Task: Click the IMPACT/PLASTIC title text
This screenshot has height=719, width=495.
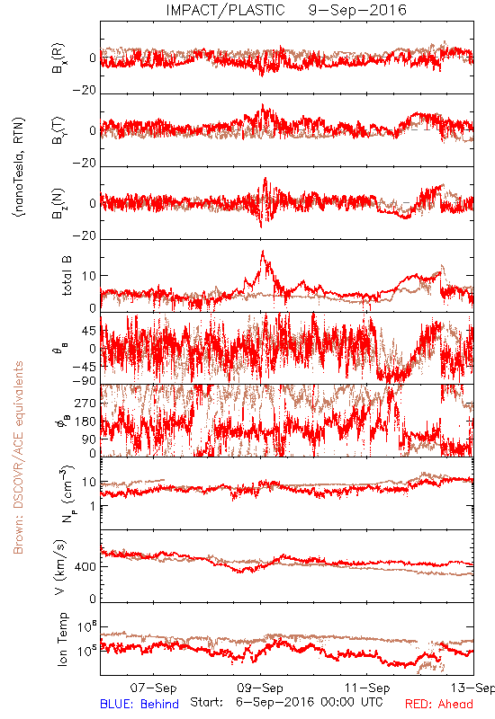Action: [x=226, y=10]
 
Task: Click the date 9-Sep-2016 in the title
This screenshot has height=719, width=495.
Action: [x=357, y=10]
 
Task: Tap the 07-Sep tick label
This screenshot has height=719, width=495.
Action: [x=153, y=688]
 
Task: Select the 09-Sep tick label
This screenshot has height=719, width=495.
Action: [x=260, y=688]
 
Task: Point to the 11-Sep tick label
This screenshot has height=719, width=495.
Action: [x=367, y=688]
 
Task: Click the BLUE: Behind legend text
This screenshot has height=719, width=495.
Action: [x=139, y=704]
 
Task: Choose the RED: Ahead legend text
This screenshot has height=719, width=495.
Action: [x=439, y=704]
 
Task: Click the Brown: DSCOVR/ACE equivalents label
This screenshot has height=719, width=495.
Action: [x=18, y=457]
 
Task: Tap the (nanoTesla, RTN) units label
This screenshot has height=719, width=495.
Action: [x=19, y=167]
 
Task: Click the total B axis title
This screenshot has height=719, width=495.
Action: [x=67, y=276]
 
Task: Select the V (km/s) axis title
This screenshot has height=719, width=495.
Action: [x=60, y=567]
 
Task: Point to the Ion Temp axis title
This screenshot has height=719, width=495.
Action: [x=62, y=639]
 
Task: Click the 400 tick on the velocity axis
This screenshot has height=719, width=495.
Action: [x=85, y=567]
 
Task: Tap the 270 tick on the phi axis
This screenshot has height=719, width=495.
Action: [x=85, y=403]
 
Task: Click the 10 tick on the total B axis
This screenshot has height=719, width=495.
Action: [x=89, y=276]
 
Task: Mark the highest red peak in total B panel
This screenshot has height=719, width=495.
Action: [x=263, y=251]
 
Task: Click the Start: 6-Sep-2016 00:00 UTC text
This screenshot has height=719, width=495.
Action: [x=286, y=702]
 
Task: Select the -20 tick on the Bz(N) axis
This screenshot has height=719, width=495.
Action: [x=85, y=235]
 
